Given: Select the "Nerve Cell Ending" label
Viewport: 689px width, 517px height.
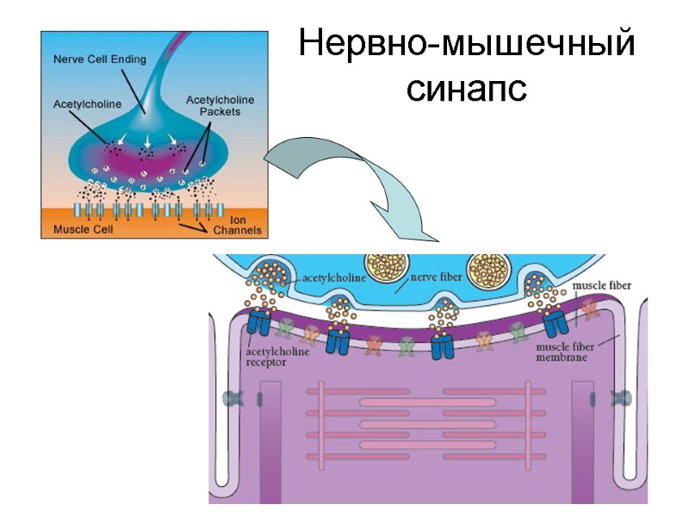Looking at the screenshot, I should [100, 59].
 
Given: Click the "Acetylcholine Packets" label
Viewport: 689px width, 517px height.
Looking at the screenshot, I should [220, 106].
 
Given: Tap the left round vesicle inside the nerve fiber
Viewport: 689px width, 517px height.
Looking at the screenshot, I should [387, 268].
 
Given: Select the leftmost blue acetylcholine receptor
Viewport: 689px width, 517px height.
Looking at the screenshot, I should [259, 324].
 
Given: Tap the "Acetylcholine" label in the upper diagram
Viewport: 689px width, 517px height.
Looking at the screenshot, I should [89, 104].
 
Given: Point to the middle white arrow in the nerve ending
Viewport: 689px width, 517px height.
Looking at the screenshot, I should [147, 140].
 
